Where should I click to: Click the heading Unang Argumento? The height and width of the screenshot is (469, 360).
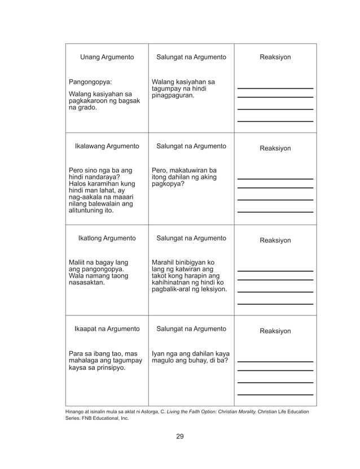pyautogui.click(x=107, y=57)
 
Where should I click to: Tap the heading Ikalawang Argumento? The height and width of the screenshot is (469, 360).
pyautogui.click(x=107, y=146)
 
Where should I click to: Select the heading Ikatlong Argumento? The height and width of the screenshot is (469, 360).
pyautogui.click(x=107, y=238)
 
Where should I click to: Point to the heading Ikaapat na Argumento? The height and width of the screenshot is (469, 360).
pyautogui.click(x=107, y=329)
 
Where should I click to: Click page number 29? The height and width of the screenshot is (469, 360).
pyautogui.click(x=179, y=436)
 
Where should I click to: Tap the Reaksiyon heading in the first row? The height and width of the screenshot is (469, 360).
pyautogui.click(x=275, y=57)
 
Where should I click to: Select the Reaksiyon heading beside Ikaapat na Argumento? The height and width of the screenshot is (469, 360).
pyautogui.click(x=275, y=331)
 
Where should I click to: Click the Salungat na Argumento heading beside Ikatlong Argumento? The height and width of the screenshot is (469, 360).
pyautogui.click(x=191, y=238)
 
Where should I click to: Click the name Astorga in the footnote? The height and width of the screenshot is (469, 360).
pyautogui.click(x=144, y=412)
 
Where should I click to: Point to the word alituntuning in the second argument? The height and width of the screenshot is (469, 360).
pyautogui.click(x=87, y=211)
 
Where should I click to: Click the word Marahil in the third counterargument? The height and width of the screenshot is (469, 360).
pyautogui.click(x=164, y=262)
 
